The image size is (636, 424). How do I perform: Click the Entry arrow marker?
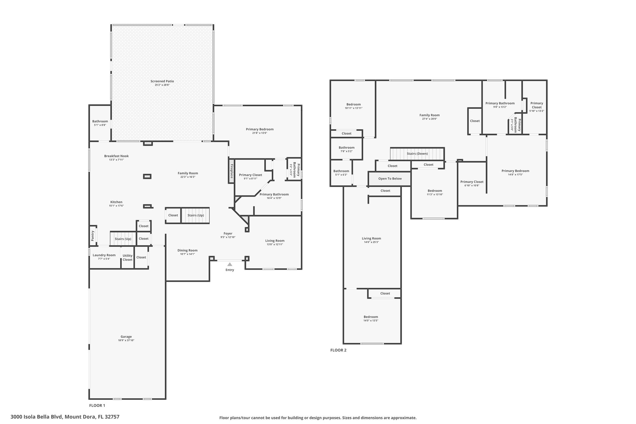click(229, 264)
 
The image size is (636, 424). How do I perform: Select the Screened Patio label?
click(162, 81)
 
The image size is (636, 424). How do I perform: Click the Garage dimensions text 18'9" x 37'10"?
click(126, 340)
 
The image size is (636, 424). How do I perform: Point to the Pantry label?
click(93, 236)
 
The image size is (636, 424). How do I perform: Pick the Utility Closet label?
click(127, 258)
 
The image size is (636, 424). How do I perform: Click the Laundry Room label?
click(104, 255)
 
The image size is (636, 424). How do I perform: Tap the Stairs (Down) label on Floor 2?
click(417, 154)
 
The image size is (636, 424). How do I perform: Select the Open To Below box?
click(390, 179)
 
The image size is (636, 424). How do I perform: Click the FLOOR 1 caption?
click(97, 405)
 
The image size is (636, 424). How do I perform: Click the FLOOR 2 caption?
click(338, 350)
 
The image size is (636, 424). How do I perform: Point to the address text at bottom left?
click(65, 417)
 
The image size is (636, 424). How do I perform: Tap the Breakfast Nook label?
click(116, 156)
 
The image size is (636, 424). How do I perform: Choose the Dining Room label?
click(188, 250)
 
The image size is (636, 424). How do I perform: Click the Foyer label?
click(228, 234)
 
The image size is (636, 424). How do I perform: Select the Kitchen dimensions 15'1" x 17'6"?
click(116, 206)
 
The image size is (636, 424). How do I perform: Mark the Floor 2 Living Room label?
click(371, 239)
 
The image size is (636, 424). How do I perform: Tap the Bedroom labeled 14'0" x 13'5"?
click(371, 317)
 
